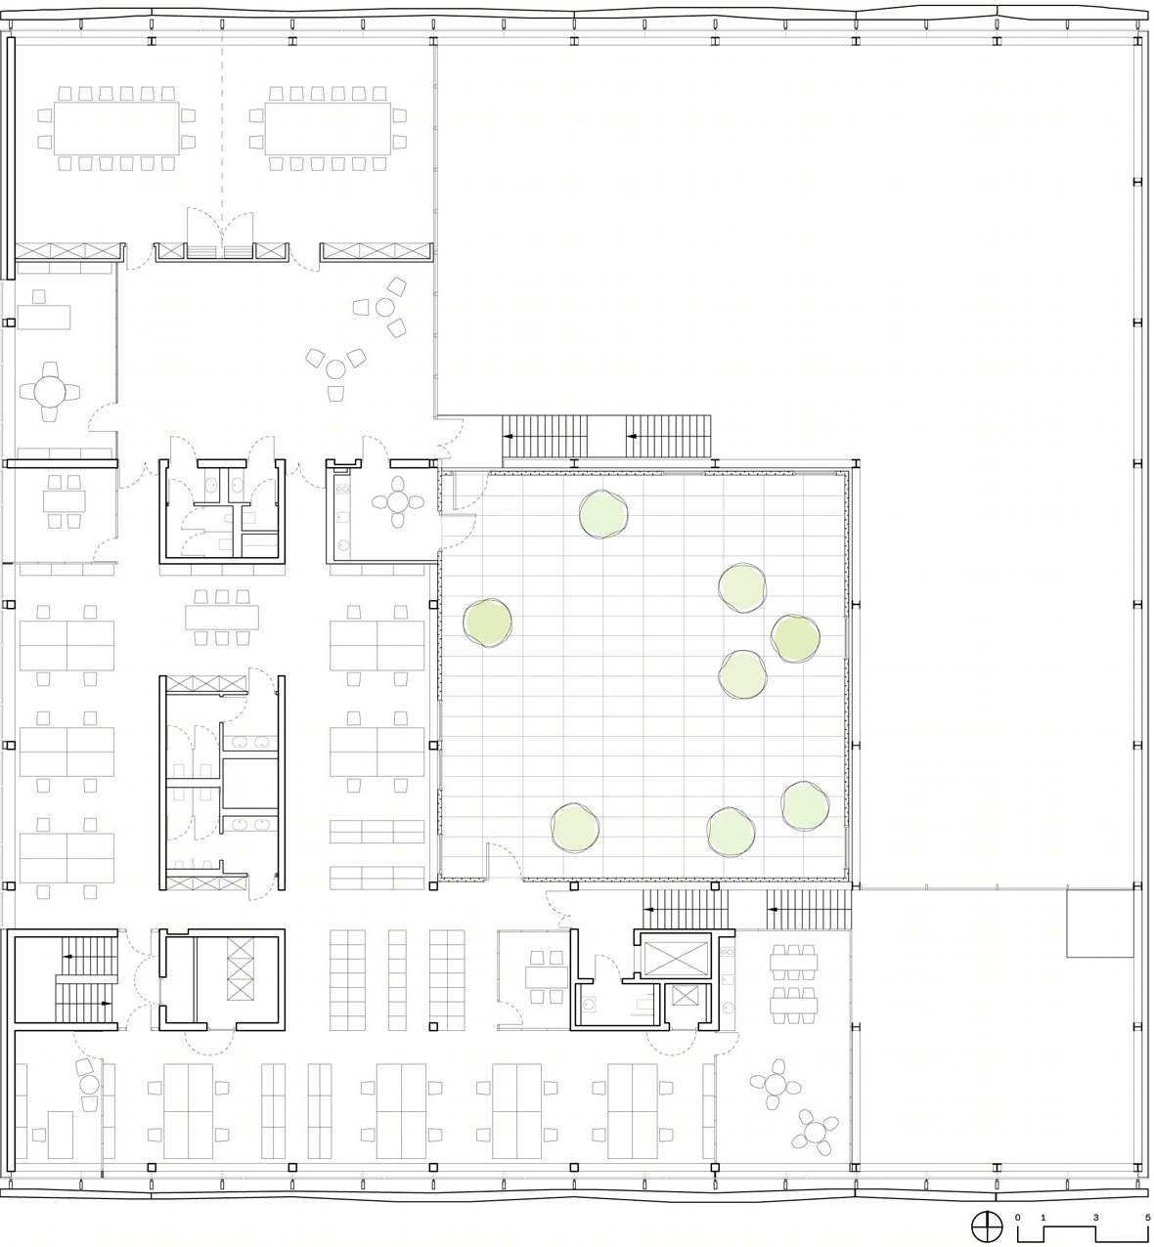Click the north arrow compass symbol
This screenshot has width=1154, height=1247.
point(987,1225)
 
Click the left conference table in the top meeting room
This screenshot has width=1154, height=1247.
point(116,129)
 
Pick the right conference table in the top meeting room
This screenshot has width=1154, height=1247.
point(328,129)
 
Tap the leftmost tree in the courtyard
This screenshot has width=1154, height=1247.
point(488,623)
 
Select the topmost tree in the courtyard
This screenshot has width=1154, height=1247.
point(603,514)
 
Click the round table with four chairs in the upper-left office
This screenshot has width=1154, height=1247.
point(50,392)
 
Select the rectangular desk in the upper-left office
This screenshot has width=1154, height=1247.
point(43,317)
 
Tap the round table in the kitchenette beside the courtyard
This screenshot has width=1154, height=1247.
point(398,501)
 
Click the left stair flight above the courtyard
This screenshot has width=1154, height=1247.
point(546,436)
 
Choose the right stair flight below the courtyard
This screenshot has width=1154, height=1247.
point(809,909)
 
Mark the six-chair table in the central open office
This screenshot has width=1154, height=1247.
point(222,618)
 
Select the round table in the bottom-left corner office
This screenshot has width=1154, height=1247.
point(89,1085)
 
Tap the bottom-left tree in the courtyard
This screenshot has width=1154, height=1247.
point(574,828)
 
